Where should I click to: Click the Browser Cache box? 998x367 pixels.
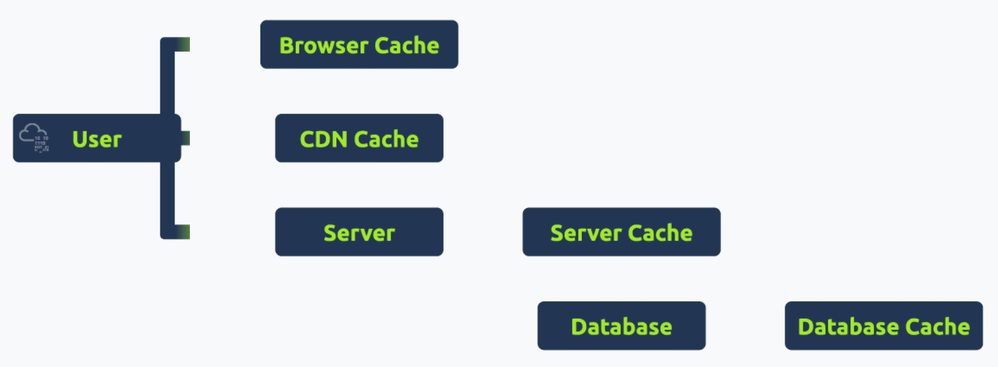(x=359, y=44)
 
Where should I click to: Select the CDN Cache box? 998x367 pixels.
(x=359, y=138)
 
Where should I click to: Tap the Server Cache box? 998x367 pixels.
(x=621, y=232)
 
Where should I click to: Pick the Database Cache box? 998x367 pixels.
(x=883, y=326)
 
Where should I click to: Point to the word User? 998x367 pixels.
(x=97, y=139)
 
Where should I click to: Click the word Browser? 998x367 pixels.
(x=323, y=46)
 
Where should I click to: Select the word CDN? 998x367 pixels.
(x=323, y=139)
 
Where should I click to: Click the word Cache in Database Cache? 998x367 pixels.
(x=937, y=327)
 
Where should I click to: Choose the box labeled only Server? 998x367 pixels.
(x=359, y=232)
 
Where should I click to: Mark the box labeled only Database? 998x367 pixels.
(x=621, y=326)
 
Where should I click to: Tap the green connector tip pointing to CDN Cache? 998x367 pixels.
(x=185, y=138)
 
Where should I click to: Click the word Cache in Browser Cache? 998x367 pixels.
(x=407, y=46)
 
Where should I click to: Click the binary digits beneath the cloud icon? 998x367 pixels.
(x=42, y=145)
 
